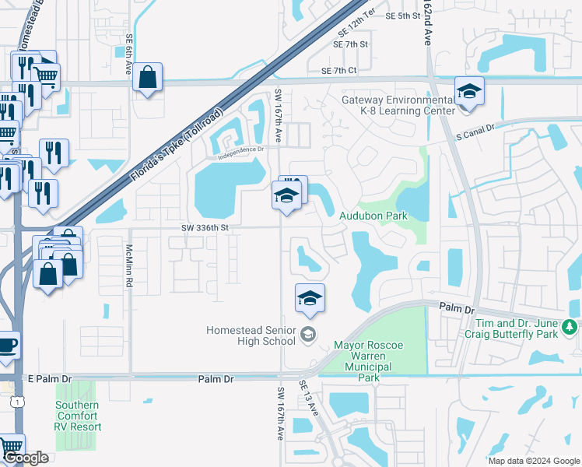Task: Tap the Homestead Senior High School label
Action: point(251,335)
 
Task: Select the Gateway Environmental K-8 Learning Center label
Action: point(398,105)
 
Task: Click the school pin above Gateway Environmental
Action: point(470,92)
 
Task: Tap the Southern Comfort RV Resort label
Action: point(77,416)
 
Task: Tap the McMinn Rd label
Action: point(130,266)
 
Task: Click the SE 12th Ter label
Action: point(357,28)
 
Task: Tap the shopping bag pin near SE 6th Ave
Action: point(147,78)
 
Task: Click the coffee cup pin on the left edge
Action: point(7,345)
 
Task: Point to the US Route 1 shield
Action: point(16,402)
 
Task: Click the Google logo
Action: point(26,458)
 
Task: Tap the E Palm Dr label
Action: point(49,379)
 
